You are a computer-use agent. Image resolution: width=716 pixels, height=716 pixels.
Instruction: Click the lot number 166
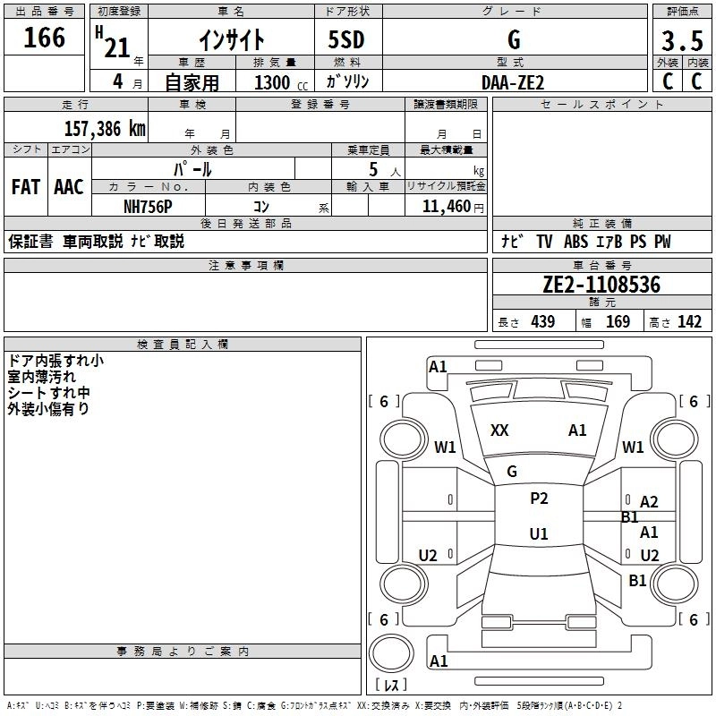(45, 38)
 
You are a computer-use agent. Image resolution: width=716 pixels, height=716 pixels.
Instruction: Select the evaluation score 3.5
(681, 40)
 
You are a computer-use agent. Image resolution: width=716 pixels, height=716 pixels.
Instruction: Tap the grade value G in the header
(513, 41)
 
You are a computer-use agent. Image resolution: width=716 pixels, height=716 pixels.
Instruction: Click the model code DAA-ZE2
(513, 81)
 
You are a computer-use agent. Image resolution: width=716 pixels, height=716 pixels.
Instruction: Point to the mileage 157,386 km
(105, 129)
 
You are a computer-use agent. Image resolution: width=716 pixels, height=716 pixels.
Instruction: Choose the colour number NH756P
(148, 206)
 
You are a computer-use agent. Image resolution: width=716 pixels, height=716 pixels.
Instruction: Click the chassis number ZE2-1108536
(601, 285)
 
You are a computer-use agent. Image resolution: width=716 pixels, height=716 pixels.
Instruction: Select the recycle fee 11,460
(445, 206)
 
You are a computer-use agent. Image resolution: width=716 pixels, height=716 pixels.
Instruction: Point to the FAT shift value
(25, 187)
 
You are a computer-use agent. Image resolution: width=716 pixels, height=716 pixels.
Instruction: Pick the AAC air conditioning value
(69, 187)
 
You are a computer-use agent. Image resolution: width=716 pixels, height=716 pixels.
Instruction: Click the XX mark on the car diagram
(499, 430)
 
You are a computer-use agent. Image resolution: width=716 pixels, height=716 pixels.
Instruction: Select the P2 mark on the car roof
(539, 499)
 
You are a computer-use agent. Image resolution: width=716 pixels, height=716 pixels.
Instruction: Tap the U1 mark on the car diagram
(539, 534)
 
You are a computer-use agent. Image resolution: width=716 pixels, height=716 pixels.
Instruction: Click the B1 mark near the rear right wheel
(637, 581)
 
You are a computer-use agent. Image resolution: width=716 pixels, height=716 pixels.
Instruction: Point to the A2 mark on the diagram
(650, 502)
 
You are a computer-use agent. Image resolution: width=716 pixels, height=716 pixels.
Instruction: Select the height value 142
(689, 321)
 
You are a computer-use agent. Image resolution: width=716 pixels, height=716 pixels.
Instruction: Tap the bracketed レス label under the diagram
(391, 685)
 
